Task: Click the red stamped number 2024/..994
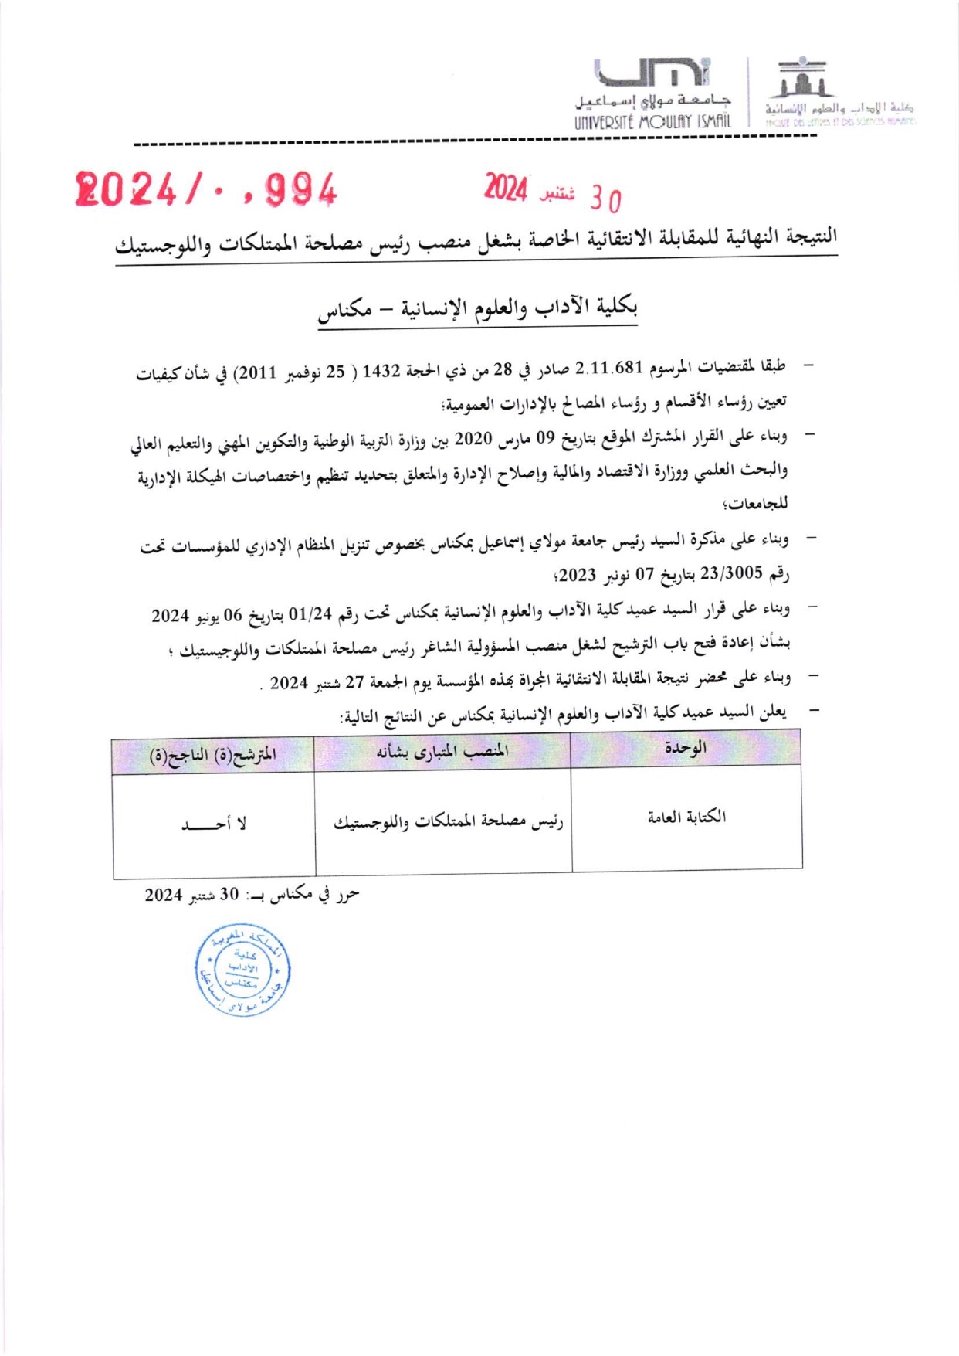[206, 189]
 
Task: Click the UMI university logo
[652, 73]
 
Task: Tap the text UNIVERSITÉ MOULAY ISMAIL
[652, 122]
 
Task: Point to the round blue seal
[242, 970]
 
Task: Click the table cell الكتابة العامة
[686, 817]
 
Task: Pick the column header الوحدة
[685, 748]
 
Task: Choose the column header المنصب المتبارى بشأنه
[442, 751]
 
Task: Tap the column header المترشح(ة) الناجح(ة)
[212, 754]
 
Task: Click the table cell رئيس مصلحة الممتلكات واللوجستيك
[449, 822]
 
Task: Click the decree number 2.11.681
[610, 368]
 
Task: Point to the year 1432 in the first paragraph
[381, 371]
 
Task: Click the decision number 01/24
[310, 614]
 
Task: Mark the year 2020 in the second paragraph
[473, 439]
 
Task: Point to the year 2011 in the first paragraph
[257, 372]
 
